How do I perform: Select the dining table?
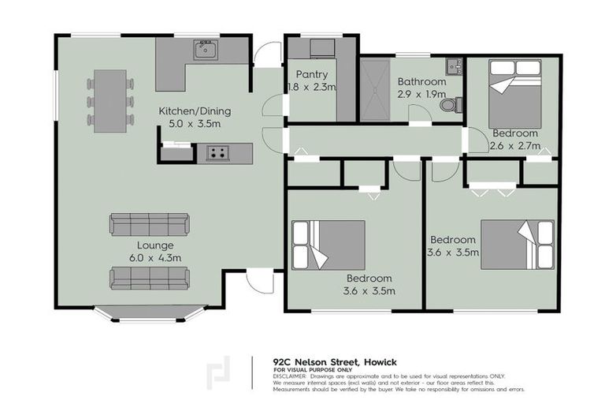pos(109,101)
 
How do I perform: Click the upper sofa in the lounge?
pos(150,225)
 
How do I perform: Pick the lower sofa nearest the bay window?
pos(150,278)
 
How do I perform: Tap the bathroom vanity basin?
pos(453,66)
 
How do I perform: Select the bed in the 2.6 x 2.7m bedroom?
pos(514,93)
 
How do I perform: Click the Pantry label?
pos(311,75)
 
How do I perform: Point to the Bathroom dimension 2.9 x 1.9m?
pos(421,93)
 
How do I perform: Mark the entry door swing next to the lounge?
pos(258,281)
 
